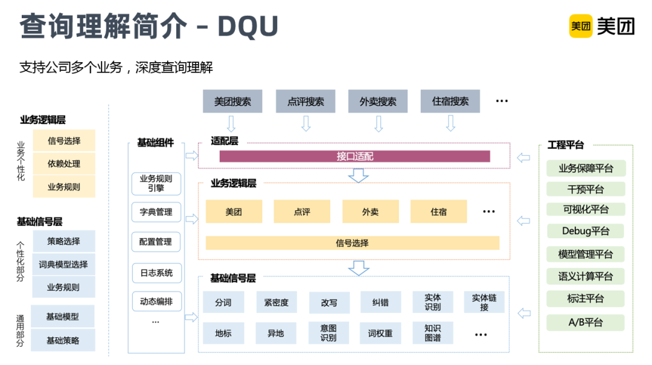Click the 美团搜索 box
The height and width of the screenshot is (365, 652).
click(x=232, y=102)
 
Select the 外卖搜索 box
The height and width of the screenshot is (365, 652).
click(x=378, y=102)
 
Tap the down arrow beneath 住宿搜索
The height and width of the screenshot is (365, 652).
click(x=450, y=124)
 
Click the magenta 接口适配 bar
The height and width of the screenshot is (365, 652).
click(x=354, y=157)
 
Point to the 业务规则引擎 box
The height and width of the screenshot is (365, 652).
click(x=156, y=184)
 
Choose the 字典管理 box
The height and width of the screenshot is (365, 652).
click(x=156, y=212)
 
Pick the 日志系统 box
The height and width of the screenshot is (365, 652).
click(x=156, y=273)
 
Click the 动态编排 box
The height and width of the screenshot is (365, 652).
click(x=156, y=301)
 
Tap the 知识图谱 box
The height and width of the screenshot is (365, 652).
click(x=432, y=333)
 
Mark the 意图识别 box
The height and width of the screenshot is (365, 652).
click(x=328, y=333)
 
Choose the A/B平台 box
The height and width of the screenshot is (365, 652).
click(x=585, y=322)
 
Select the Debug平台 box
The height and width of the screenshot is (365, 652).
click(x=585, y=231)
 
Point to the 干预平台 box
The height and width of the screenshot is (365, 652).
click(x=585, y=189)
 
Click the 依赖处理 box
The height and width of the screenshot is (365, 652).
click(x=64, y=164)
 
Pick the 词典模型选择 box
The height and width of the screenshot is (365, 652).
click(x=63, y=264)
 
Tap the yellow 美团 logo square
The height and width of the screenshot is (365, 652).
click(x=580, y=26)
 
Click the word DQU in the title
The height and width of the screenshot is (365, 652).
click(x=248, y=26)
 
